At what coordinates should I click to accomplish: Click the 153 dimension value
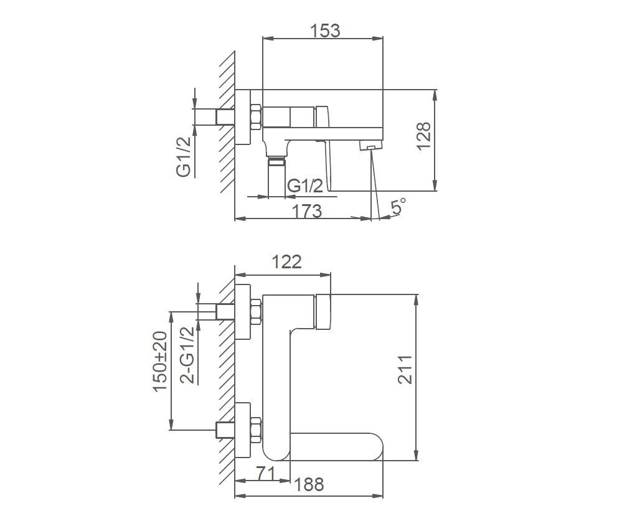click(x=325, y=31)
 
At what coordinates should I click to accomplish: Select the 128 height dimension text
click(x=423, y=136)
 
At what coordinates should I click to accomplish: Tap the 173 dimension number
click(x=306, y=211)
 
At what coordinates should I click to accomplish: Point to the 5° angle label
click(x=398, y=206)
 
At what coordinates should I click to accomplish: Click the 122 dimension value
click(x=286, y=262)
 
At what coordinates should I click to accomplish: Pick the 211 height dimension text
click(x=405, y=370)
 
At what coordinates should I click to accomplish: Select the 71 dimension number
click(x=265, y=473)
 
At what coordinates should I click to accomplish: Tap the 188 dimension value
click(x=309, y=484)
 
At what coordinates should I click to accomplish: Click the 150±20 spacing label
click(x=160, y=362)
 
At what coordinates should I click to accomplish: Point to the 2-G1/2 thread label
click(x=187, y=355)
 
